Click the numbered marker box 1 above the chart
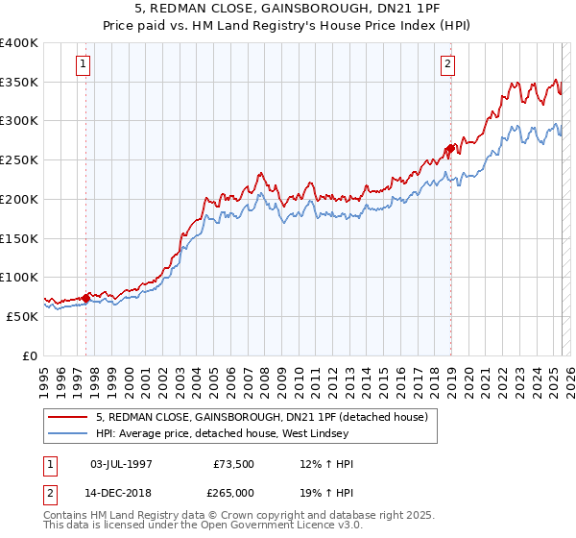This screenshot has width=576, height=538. click(84, 65)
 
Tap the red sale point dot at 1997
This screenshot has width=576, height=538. click(86, 297)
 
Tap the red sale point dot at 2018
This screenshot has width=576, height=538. click(449, 148)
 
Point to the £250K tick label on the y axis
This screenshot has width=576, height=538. click(19, 159)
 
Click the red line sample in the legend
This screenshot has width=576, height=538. click(67, 416)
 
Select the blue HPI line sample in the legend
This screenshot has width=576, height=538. click(67, 433)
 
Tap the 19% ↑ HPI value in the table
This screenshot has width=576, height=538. click(326, 493)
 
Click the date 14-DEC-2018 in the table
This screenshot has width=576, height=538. click(121, 493)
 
